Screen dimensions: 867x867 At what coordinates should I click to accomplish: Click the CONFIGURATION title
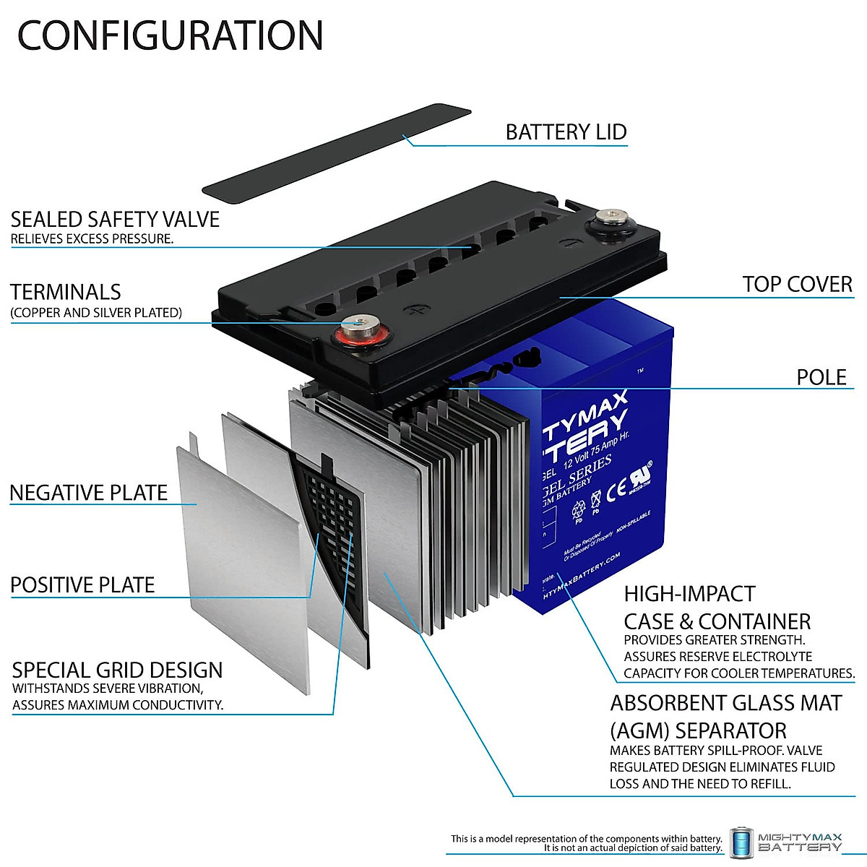170,35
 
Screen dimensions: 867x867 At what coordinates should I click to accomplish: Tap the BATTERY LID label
566,132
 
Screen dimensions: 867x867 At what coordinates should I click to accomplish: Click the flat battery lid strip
337,151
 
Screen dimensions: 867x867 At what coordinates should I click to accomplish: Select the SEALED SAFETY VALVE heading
115,219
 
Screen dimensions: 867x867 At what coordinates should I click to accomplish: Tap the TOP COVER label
797,284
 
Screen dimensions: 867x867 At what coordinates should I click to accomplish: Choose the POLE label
821,377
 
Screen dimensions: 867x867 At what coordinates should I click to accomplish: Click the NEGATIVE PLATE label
88,493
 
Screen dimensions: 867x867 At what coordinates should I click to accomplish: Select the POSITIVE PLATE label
82,585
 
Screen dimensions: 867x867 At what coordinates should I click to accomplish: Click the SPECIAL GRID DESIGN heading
117,670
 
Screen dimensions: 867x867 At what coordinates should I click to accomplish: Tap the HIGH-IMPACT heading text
689,594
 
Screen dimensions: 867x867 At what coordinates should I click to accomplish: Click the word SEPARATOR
730,730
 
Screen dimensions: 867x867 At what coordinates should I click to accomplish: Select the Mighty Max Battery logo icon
741,842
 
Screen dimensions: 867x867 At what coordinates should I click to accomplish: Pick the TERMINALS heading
66,292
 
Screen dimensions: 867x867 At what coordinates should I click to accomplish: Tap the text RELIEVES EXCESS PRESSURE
92,238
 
